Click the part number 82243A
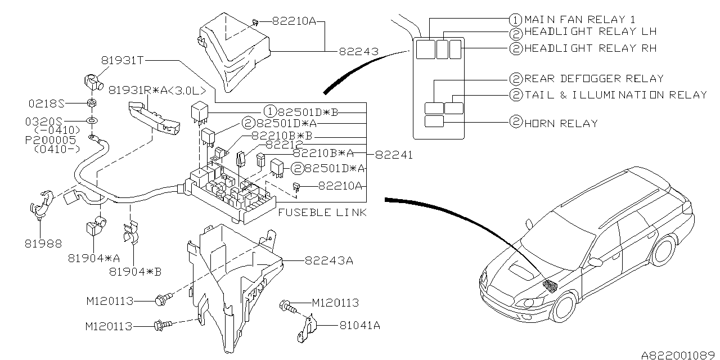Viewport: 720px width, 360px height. (329, 261)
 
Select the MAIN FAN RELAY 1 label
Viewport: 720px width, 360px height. (580, 19)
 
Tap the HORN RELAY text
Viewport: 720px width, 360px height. (561, 123)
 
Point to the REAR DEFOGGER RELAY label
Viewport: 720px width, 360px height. (594, 79)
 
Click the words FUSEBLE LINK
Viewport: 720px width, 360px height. (322, 213)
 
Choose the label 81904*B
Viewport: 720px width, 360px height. (135, 272)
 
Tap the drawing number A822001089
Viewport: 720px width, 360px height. (679, 354)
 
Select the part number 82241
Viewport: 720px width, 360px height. (393, 155)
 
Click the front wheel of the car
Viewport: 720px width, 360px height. (564, 308)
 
